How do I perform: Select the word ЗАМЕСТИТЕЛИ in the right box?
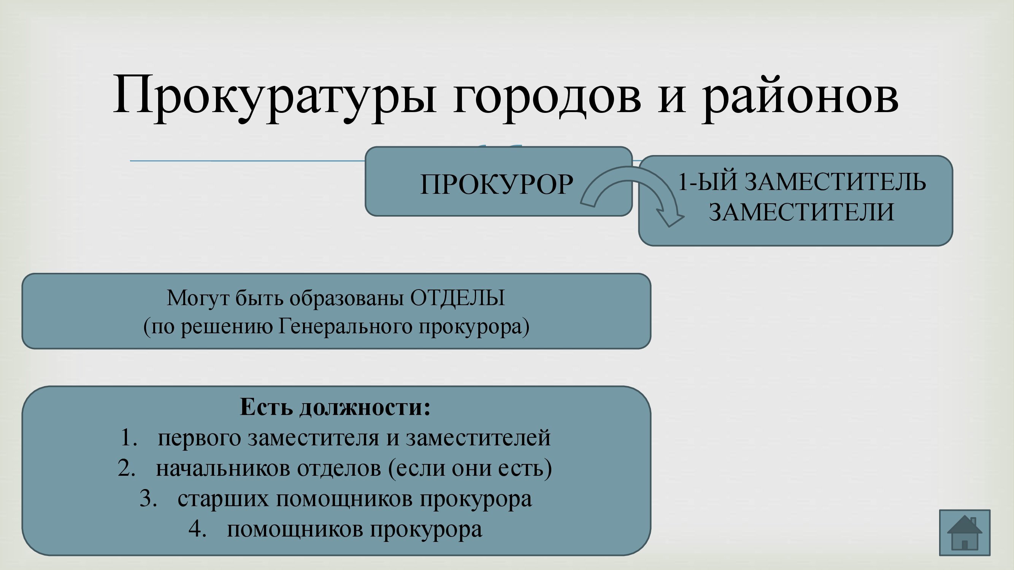(x=801, y=212)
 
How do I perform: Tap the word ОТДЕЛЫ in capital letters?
(x=457, y=298)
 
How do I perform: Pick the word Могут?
(x=197, y=298)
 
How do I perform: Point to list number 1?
(x=129, y=437)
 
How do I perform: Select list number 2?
(x=127, y=468)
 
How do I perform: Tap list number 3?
(x=148, y=499)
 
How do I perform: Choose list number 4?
(x=198, y=529)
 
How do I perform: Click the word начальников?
(x=223, y=468)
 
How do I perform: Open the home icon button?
(x=965, y=533)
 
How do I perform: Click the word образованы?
(x=347, y=299)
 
